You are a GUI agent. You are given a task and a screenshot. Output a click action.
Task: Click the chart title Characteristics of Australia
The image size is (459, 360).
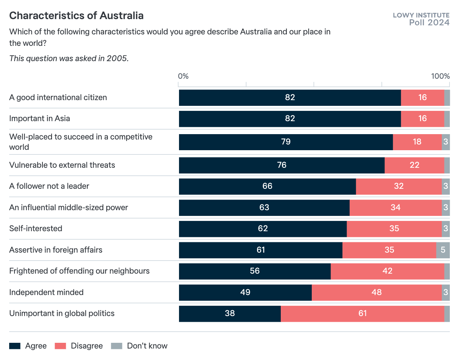[76, 16]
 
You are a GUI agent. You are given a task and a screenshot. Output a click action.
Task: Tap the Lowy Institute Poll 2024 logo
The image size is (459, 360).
[421, 19]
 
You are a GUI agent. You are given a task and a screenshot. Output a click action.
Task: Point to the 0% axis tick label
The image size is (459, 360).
[183, 76]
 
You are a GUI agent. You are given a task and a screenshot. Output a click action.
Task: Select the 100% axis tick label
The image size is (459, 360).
[440, 76]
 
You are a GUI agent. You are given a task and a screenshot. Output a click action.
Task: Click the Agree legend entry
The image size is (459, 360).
[28, 346]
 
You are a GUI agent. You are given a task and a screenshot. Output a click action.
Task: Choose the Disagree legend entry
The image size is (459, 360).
[79, 346]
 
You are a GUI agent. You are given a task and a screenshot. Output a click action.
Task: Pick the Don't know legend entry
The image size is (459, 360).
[139, 346]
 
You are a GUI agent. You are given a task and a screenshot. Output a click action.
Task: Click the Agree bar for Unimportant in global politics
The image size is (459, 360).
[229, 314]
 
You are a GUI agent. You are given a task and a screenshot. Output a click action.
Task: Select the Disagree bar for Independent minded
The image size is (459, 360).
[376, 292]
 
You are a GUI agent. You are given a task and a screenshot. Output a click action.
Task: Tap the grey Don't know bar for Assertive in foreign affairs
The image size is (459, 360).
[443, 250]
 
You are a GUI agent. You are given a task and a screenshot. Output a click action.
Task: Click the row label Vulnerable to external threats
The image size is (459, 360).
[62, 165]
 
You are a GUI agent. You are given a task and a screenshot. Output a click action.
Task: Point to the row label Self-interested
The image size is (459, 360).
[36, 229]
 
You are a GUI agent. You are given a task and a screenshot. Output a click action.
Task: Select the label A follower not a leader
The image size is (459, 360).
[49, 186]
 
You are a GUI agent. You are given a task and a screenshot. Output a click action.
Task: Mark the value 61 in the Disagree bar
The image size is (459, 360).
[363, 314]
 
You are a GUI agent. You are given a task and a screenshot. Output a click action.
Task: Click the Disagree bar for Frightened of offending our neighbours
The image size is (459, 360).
[387, 271]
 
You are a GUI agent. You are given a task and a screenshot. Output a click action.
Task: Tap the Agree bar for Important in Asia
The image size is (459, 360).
[290, 119]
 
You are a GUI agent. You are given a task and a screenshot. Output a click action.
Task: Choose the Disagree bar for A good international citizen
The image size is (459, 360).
[422, 97]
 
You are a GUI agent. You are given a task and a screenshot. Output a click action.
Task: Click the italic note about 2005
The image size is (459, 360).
[69, 58]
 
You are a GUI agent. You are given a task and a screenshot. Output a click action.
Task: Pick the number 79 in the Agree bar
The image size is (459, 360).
[286, 142]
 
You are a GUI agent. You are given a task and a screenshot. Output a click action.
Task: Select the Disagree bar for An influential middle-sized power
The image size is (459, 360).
[396, 208]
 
